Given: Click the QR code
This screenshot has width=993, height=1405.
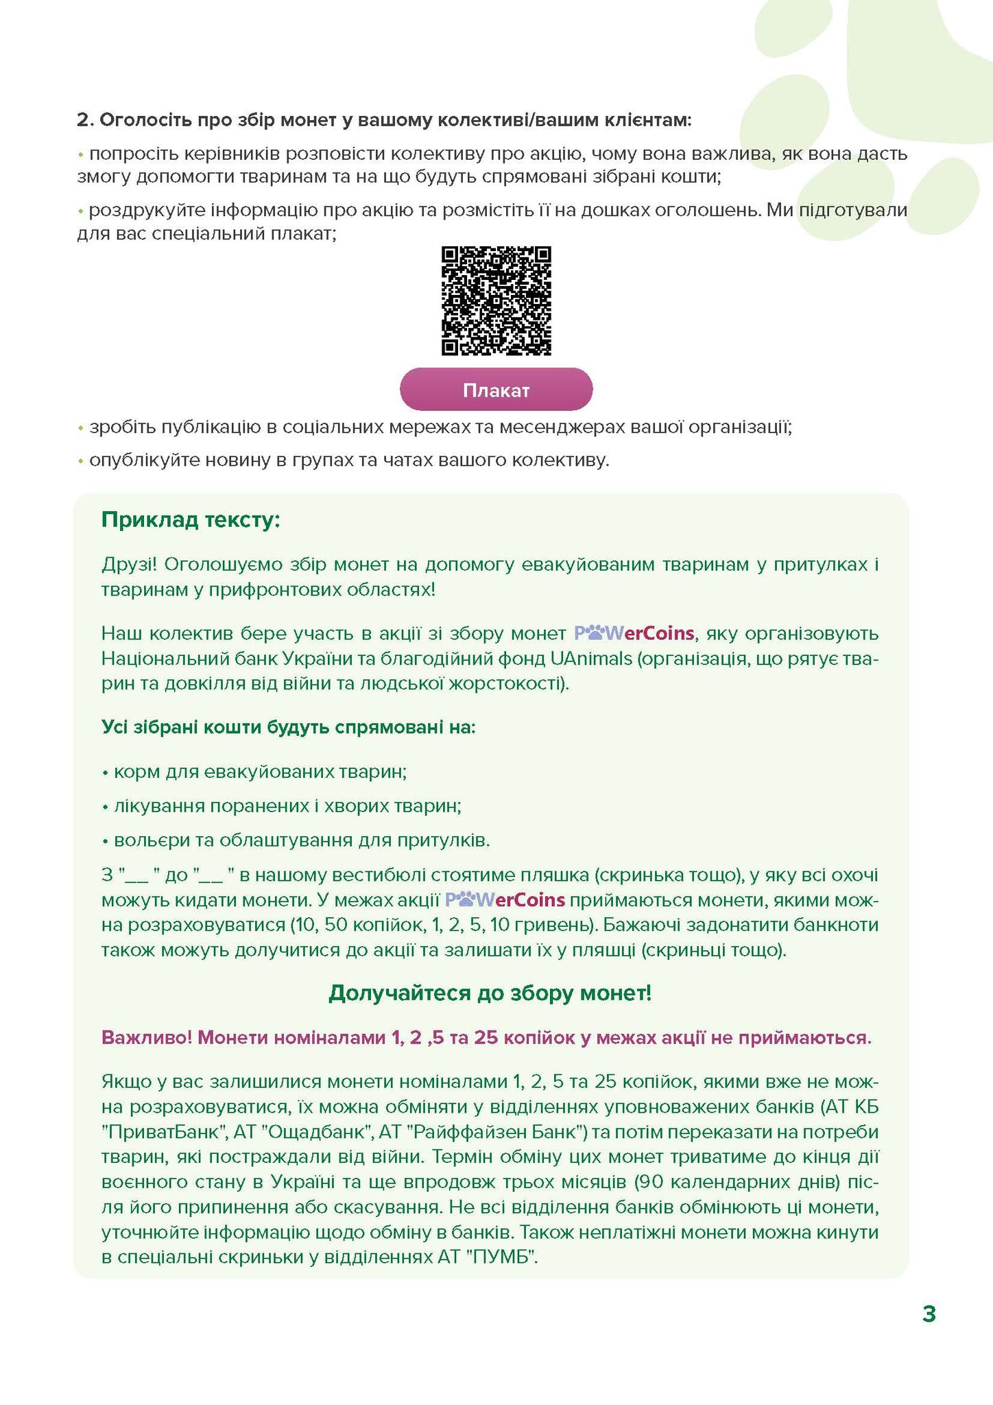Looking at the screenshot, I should (x=496, y=301).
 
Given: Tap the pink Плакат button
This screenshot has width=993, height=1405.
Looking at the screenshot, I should (x=496, y=390).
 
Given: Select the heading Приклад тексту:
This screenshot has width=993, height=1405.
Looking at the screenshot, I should (x=191, y=519).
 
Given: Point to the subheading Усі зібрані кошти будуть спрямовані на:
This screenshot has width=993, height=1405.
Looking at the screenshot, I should (x=288, y=727).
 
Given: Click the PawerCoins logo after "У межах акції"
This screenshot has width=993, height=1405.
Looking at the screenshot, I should (x=505, y=899).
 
